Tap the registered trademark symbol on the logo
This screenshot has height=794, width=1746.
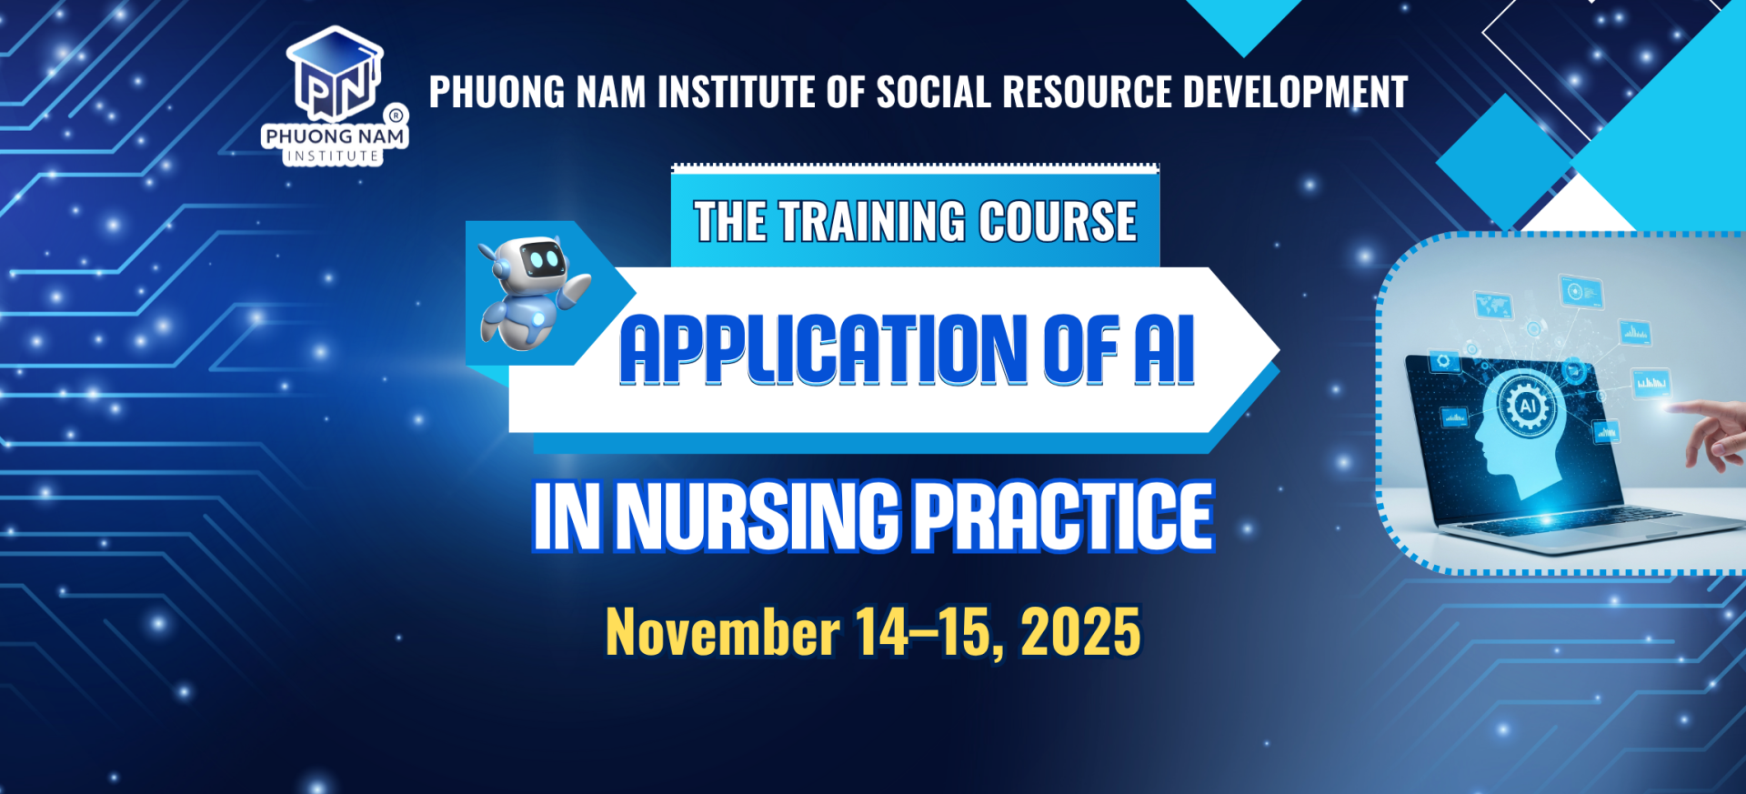(x=396, y=116)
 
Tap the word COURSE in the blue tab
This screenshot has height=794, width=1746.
(x=1058, y=222)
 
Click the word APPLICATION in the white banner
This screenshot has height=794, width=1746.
(x=824, y=350)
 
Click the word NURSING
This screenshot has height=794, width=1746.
(x=758, y=517)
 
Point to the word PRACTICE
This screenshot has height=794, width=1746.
(x=1063, y=517)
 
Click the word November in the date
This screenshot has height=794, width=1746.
(x=723, y=632)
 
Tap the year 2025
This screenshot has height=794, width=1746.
(x=1080, y=632)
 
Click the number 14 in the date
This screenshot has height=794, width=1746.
(x=881, y=632)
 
